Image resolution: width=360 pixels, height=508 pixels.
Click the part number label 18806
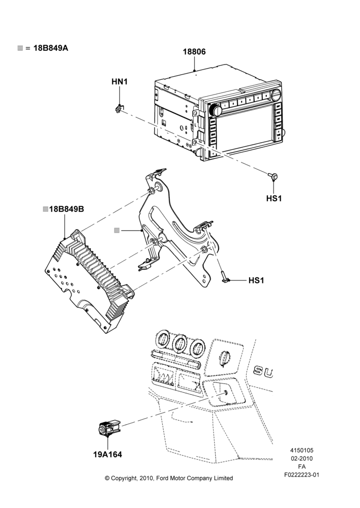click(x=194, y=52)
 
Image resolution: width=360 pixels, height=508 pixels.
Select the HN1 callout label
click(x=119, y=82)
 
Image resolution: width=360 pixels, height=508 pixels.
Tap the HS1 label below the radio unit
click(x=274, y=198)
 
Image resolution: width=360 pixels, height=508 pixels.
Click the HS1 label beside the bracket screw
click(x=256, y=280)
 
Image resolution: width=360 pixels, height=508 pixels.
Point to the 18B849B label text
click(x=67, y=209)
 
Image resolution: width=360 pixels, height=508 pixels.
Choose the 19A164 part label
click(x=108, y=455)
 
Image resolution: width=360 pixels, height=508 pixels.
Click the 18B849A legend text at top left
click(x=51, y=48)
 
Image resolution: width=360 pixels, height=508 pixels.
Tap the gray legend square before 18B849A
click(x=20, y=48)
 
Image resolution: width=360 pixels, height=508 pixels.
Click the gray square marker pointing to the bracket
click(x=117, y=230)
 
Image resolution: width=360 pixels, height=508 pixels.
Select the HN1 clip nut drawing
click(x=119, y=109)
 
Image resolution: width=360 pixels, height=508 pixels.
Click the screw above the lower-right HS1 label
click(x=273, y=176)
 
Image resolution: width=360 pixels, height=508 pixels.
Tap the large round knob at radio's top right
click(x=277, y=94)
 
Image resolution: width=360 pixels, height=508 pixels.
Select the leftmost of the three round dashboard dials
click(x=163, y=340)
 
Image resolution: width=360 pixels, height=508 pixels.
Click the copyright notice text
click(x=169, y=478)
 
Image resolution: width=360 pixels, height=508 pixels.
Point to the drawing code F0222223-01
click(x=302, y=475)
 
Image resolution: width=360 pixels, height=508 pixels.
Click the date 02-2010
click(x=302, y=458)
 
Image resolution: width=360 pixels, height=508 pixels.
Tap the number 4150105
click(x=302, y=450)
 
